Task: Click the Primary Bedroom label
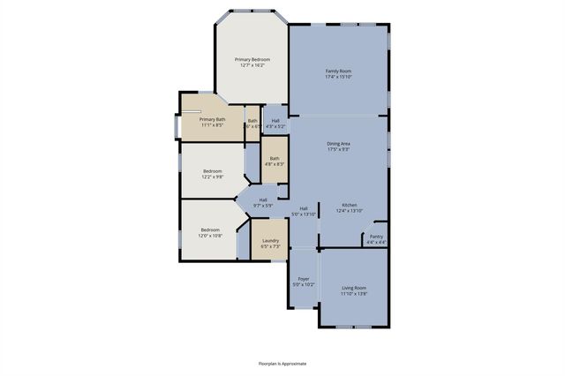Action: [252, 59]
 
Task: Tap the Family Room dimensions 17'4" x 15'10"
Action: [339, 77]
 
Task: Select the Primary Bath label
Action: [212, 119]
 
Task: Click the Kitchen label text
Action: [350, 206]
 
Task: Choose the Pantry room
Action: [376, 236]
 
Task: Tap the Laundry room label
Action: [270, 240]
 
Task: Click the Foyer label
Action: [303, 278]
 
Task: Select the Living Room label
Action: [354, 287]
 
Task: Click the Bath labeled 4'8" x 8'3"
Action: [275, 159]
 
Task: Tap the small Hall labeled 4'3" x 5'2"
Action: [275, 121]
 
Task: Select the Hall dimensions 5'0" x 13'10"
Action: [304, 214]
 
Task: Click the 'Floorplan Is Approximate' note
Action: [282, 363]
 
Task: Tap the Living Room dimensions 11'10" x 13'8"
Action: [354, 293]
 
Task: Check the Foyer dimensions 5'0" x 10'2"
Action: [303, 284]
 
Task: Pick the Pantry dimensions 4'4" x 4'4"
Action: [376, 242]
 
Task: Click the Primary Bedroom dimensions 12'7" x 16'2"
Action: [252, 65]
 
